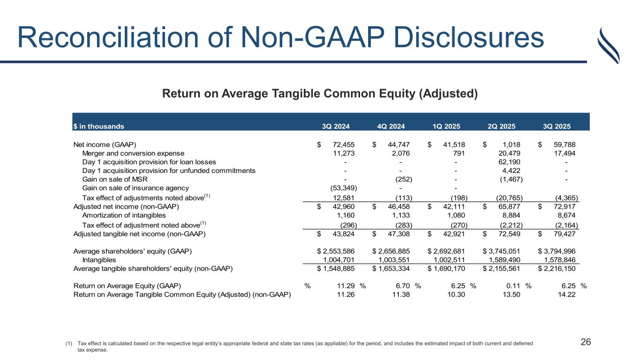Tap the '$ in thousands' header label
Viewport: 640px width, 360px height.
pyautogui.click(x=98, y=126)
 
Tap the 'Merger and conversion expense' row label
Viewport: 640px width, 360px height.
pyautogui.click(x=133, y=153)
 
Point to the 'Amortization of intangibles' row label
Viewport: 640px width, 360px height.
pyautogui.click(x=124, y=215)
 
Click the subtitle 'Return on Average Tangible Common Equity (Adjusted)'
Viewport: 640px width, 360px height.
pyautogui.click(x=320, y=94)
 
